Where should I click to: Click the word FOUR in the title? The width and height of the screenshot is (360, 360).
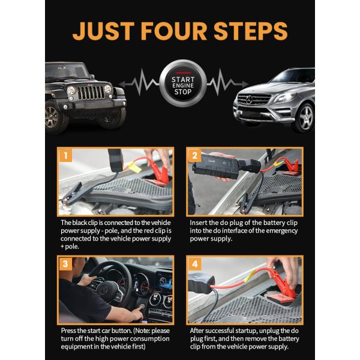(x=174, y=31)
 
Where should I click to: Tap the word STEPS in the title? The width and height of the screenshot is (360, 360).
(x=251, y=31)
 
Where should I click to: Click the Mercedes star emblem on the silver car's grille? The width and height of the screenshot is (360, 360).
(x=249, y=100)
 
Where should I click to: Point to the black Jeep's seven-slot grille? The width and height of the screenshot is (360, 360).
(x=91, y=93)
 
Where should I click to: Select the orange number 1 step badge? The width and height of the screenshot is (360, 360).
(x=65, y=155)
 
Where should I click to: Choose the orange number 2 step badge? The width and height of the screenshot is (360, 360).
(x=194, y=155)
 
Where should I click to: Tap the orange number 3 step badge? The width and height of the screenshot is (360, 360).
(x=65, y=264)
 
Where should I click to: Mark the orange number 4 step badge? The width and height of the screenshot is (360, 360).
(x=194, y=264)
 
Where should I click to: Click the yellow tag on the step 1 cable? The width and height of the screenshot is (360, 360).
(x=135, y=167)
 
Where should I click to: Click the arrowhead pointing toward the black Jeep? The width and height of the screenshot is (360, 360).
(x=122, y=84)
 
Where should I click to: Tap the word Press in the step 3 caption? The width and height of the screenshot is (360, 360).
(x=68, y=331)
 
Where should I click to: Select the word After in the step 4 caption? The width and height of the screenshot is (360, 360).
(x=197, y=331)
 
